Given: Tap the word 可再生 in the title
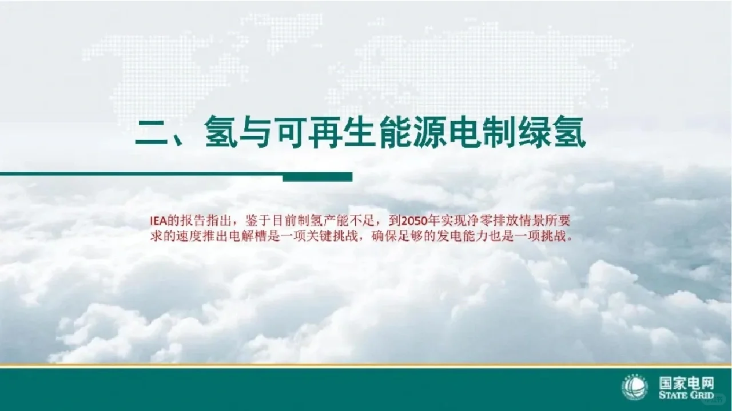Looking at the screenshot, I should [x=304, y=134].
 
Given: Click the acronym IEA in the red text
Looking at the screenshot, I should [x=157, y=221].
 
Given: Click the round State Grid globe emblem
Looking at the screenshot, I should [x=634, y=389].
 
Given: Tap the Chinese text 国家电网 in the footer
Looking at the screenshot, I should [x=686, y=383].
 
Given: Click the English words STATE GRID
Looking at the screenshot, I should [x=686, y=396].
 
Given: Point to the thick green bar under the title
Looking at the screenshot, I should [x=317, y=177].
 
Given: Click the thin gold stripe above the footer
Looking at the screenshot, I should [x=366, y=365].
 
